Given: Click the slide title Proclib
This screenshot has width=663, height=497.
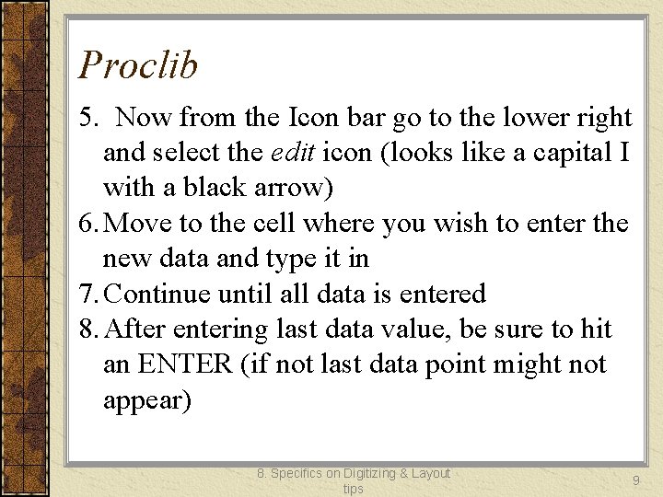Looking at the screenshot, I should coord(138,65).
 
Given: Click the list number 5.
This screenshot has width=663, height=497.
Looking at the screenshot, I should coord(87,118).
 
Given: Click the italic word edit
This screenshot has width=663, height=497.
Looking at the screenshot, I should coord(290,153).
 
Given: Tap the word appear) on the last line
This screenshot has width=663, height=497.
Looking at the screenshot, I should coord(147,401).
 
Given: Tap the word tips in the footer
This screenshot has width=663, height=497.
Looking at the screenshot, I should coord(354,489).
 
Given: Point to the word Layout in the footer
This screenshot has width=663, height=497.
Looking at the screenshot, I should coord(431,473).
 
